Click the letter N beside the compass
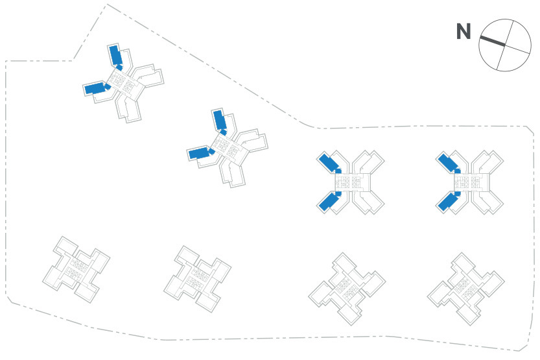click(x=463, y=32)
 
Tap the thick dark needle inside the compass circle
click(x=492, y=41)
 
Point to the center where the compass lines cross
click(x=504, y=45)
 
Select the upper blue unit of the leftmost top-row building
click(x=116, y=55)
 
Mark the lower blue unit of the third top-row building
click(x=328, y=202)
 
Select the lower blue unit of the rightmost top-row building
click(x=447, y=202)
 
